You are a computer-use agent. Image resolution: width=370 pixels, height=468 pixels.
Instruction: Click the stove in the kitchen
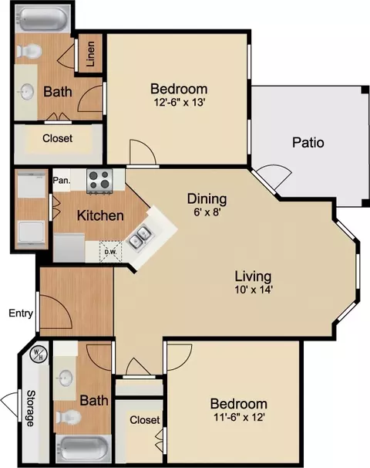pyautogui.click(x=99, y=181)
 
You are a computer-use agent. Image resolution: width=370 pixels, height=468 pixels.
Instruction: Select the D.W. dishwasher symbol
pyautogui.click(x=110, y=252)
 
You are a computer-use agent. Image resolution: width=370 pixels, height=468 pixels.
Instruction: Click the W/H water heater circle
pyautogui.click(x=39, y=354)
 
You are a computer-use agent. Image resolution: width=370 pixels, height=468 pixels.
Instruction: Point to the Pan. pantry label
pyautogui.click(x=62, y=180)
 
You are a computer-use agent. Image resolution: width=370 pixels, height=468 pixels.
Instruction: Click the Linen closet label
pyautogui.click(x=90, y=53)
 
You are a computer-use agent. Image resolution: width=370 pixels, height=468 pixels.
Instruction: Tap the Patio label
pyautogui.click(x=308, y=142)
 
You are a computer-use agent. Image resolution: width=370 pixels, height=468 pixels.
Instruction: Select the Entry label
pyautogui.click(x=21, y=314)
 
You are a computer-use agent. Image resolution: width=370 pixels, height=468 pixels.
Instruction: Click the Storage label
pyautogui.click(x=30, y=408)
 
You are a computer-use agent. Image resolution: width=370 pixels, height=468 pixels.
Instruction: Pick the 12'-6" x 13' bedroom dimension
pyautogui.click(x=180, y=103)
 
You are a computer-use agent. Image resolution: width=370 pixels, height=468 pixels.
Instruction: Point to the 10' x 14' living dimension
pyautogui.click(x=254, y=290)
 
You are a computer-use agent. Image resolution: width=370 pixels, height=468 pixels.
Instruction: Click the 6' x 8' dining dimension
pyautogui.click(x=207, y=212)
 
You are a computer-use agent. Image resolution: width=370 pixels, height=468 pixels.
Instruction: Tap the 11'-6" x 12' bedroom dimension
pyautogui.click(x=239, y=417)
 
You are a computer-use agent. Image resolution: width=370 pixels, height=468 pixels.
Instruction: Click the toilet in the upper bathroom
pyautogui.click(x=29, y=51)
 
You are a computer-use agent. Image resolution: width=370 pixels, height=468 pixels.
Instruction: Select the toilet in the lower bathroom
pyautogui.click(x=69, y=417)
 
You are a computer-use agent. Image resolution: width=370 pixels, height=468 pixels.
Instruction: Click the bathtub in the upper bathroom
pyautogui.click(x=42, y=18)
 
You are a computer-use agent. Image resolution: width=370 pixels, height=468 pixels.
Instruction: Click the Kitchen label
pyautogui.click(x=100, y=215)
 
